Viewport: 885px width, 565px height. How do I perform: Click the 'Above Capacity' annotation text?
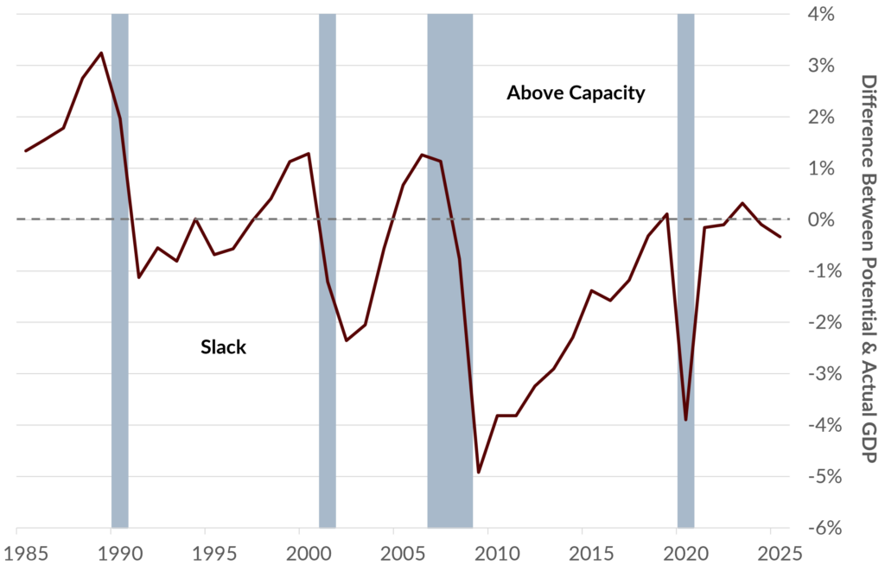576,93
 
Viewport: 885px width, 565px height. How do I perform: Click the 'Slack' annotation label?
223,347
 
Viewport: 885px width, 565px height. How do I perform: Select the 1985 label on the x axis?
19,551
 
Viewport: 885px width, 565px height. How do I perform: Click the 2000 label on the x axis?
302,551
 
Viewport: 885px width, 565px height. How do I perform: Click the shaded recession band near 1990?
120,270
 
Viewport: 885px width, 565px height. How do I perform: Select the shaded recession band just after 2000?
328,270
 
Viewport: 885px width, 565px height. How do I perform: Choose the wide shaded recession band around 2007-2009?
450,270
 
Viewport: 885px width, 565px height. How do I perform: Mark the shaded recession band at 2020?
685,270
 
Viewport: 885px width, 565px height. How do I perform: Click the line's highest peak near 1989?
101,54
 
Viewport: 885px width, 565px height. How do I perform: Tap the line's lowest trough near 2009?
479,473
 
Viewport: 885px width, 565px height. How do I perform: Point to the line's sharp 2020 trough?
686,420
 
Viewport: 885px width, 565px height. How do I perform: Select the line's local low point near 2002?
347,340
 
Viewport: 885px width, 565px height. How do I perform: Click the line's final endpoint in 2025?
780,237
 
